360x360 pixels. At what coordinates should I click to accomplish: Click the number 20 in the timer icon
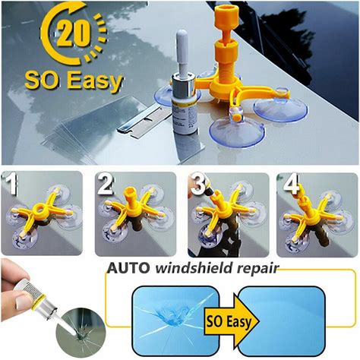(x=74, y=33)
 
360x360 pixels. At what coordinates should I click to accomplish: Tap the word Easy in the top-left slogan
(x=95, y=81)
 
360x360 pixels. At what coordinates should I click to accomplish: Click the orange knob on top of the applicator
(x=226, y=17)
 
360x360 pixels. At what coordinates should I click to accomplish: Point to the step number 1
(x=9, y=183)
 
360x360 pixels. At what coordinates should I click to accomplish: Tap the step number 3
(x=198, y=185)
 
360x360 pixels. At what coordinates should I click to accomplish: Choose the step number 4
(x=291, y=183)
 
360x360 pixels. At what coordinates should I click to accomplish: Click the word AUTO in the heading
(x=128, y=268)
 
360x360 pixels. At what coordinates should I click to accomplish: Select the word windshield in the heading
(x=194, y=268)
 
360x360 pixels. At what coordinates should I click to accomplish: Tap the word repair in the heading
(x=257, y=269)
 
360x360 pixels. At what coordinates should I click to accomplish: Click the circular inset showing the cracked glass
(x=81, y=333)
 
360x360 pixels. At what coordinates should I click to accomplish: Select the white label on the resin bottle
(x=185, y=115)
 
